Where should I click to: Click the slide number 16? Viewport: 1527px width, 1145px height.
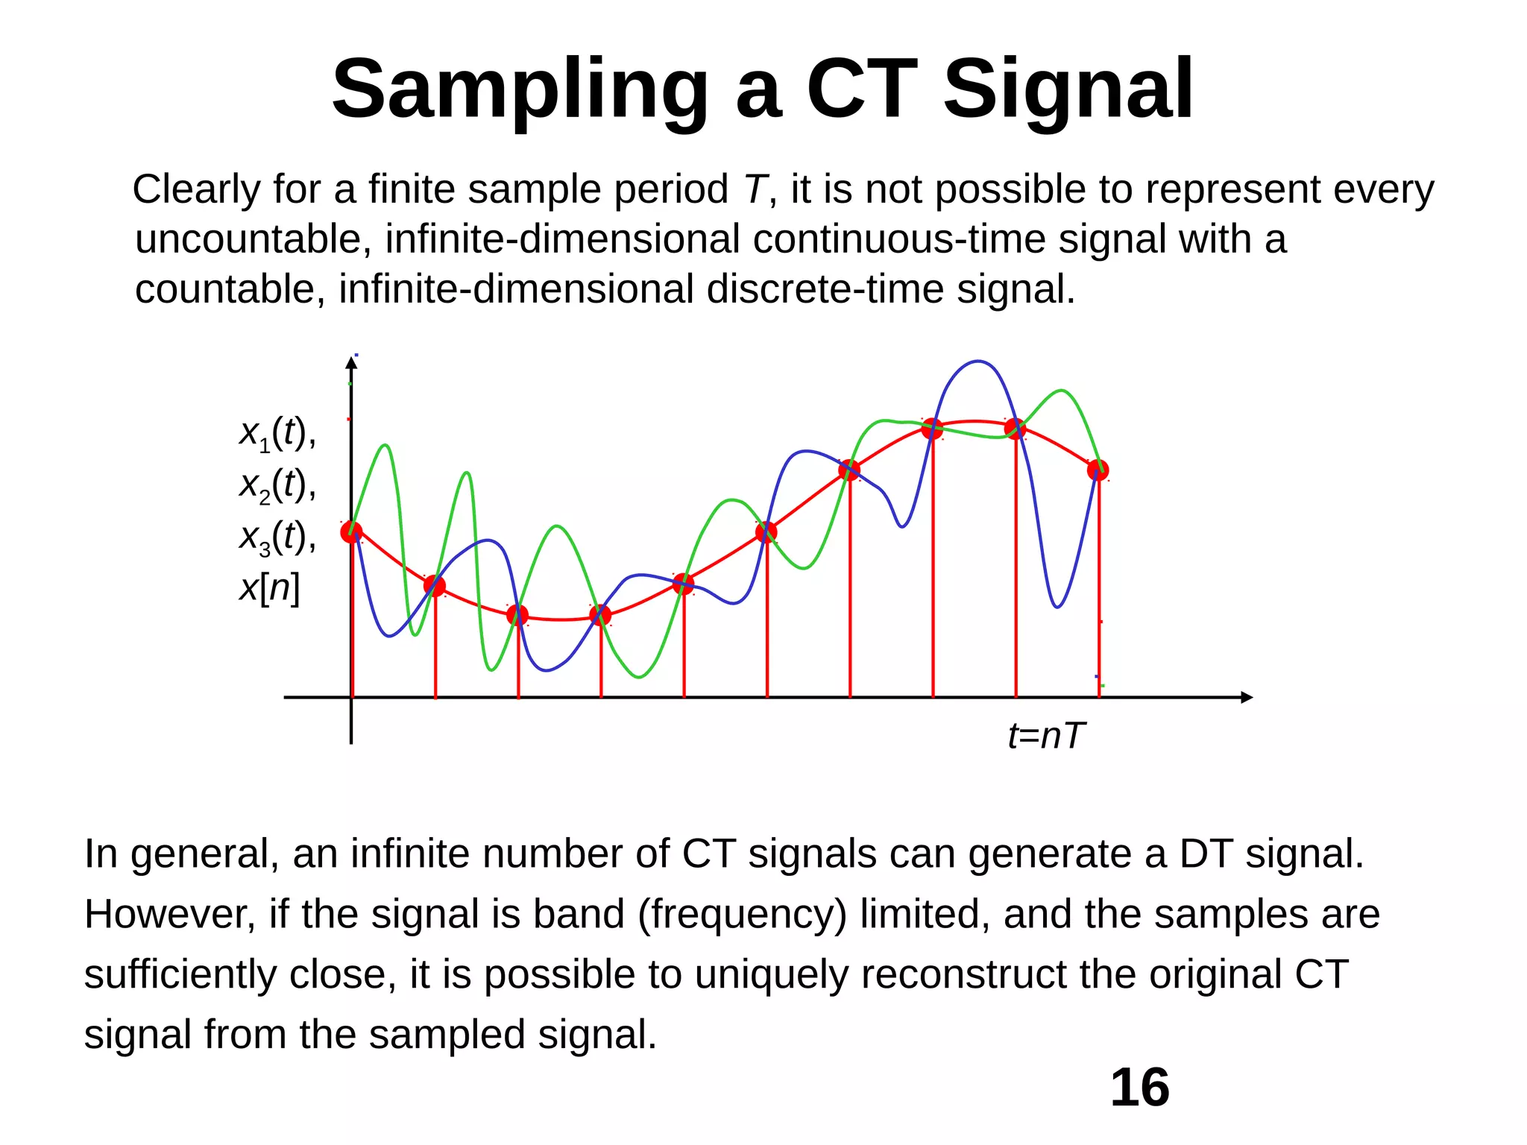click(1139, 1088)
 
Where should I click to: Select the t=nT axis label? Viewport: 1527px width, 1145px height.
click(1045, 736)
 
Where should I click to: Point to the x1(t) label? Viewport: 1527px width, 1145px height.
click(277, 433)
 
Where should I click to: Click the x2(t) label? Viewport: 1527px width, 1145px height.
click(277, 485)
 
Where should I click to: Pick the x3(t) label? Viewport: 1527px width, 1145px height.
click(277, 537)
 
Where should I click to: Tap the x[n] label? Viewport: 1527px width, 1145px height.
click(269, 587)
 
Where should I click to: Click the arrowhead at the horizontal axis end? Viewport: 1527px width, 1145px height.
click(1247, 697)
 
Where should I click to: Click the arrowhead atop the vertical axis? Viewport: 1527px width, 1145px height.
click(351, 363)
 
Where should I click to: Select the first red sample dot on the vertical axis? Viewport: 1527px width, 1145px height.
click(351, 532)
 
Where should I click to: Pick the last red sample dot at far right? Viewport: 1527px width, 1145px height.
click(1098, 470)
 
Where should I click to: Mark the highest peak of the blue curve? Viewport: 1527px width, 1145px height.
click(977, 362)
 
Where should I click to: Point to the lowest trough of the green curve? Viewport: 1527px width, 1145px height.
click(638, 677)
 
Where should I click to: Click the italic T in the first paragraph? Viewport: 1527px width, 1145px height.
click(755, 189)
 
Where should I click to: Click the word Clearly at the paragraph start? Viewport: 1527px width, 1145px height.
click(196, 189)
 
